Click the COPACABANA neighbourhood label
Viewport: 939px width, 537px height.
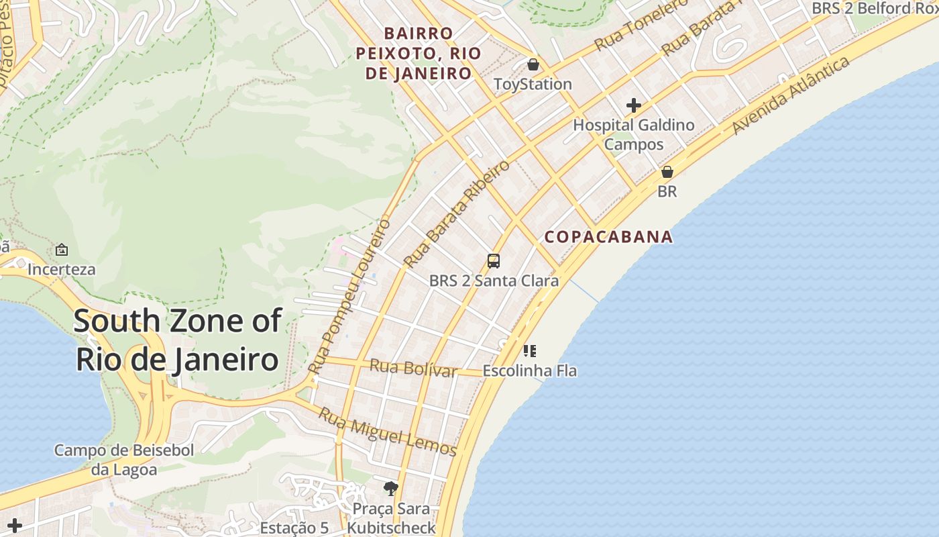click(608, 236)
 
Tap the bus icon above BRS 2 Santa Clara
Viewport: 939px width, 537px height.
click(494, 261)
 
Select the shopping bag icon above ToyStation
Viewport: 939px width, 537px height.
click(533, 64)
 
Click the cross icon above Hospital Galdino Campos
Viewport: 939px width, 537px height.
click(634, 105)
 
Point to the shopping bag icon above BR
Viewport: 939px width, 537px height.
click(667, 172)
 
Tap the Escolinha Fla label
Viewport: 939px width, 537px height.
click(530, 371)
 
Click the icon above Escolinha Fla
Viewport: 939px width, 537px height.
click(530, 350)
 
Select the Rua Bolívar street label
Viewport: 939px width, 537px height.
click(413, 368)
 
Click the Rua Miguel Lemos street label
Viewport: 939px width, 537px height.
click(387, 432)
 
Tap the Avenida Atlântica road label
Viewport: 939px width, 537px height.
click(791, 95)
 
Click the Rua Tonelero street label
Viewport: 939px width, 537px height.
click(641, 26)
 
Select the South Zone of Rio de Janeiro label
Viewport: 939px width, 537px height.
click(177, 340)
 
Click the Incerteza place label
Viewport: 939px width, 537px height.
click(62, 270)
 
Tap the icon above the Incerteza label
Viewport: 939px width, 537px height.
click(62, 250)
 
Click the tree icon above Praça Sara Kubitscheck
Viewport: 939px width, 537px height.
click(390, 488)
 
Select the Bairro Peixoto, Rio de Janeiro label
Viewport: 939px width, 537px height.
click(419, 53)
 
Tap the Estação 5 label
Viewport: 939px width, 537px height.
click(294, 528)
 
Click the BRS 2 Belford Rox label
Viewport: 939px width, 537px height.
click(874, 8)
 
